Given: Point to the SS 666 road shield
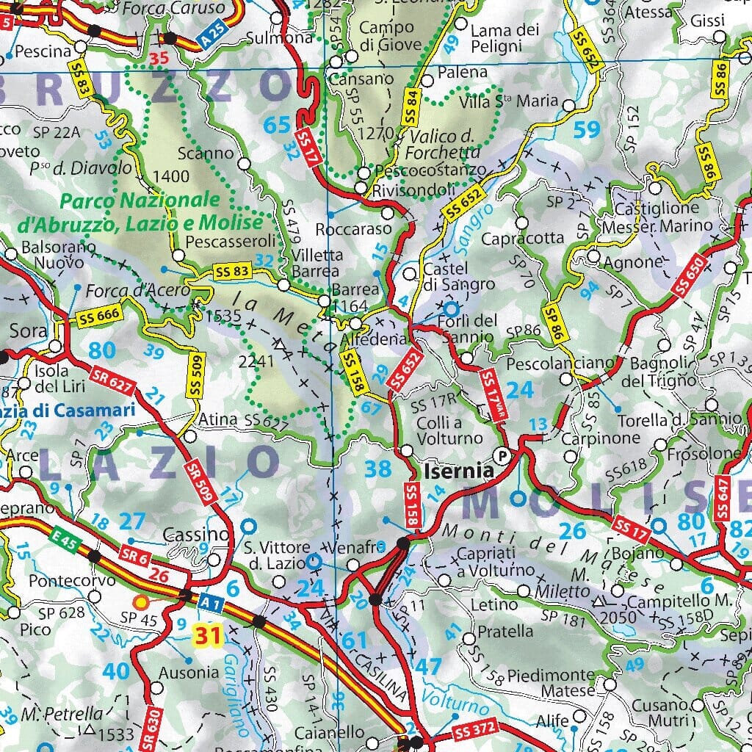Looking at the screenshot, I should (97, 317).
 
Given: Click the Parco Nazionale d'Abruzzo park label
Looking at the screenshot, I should (162, 211).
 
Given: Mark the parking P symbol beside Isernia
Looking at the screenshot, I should (502, 453).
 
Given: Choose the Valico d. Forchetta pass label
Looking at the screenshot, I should (445, 145).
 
